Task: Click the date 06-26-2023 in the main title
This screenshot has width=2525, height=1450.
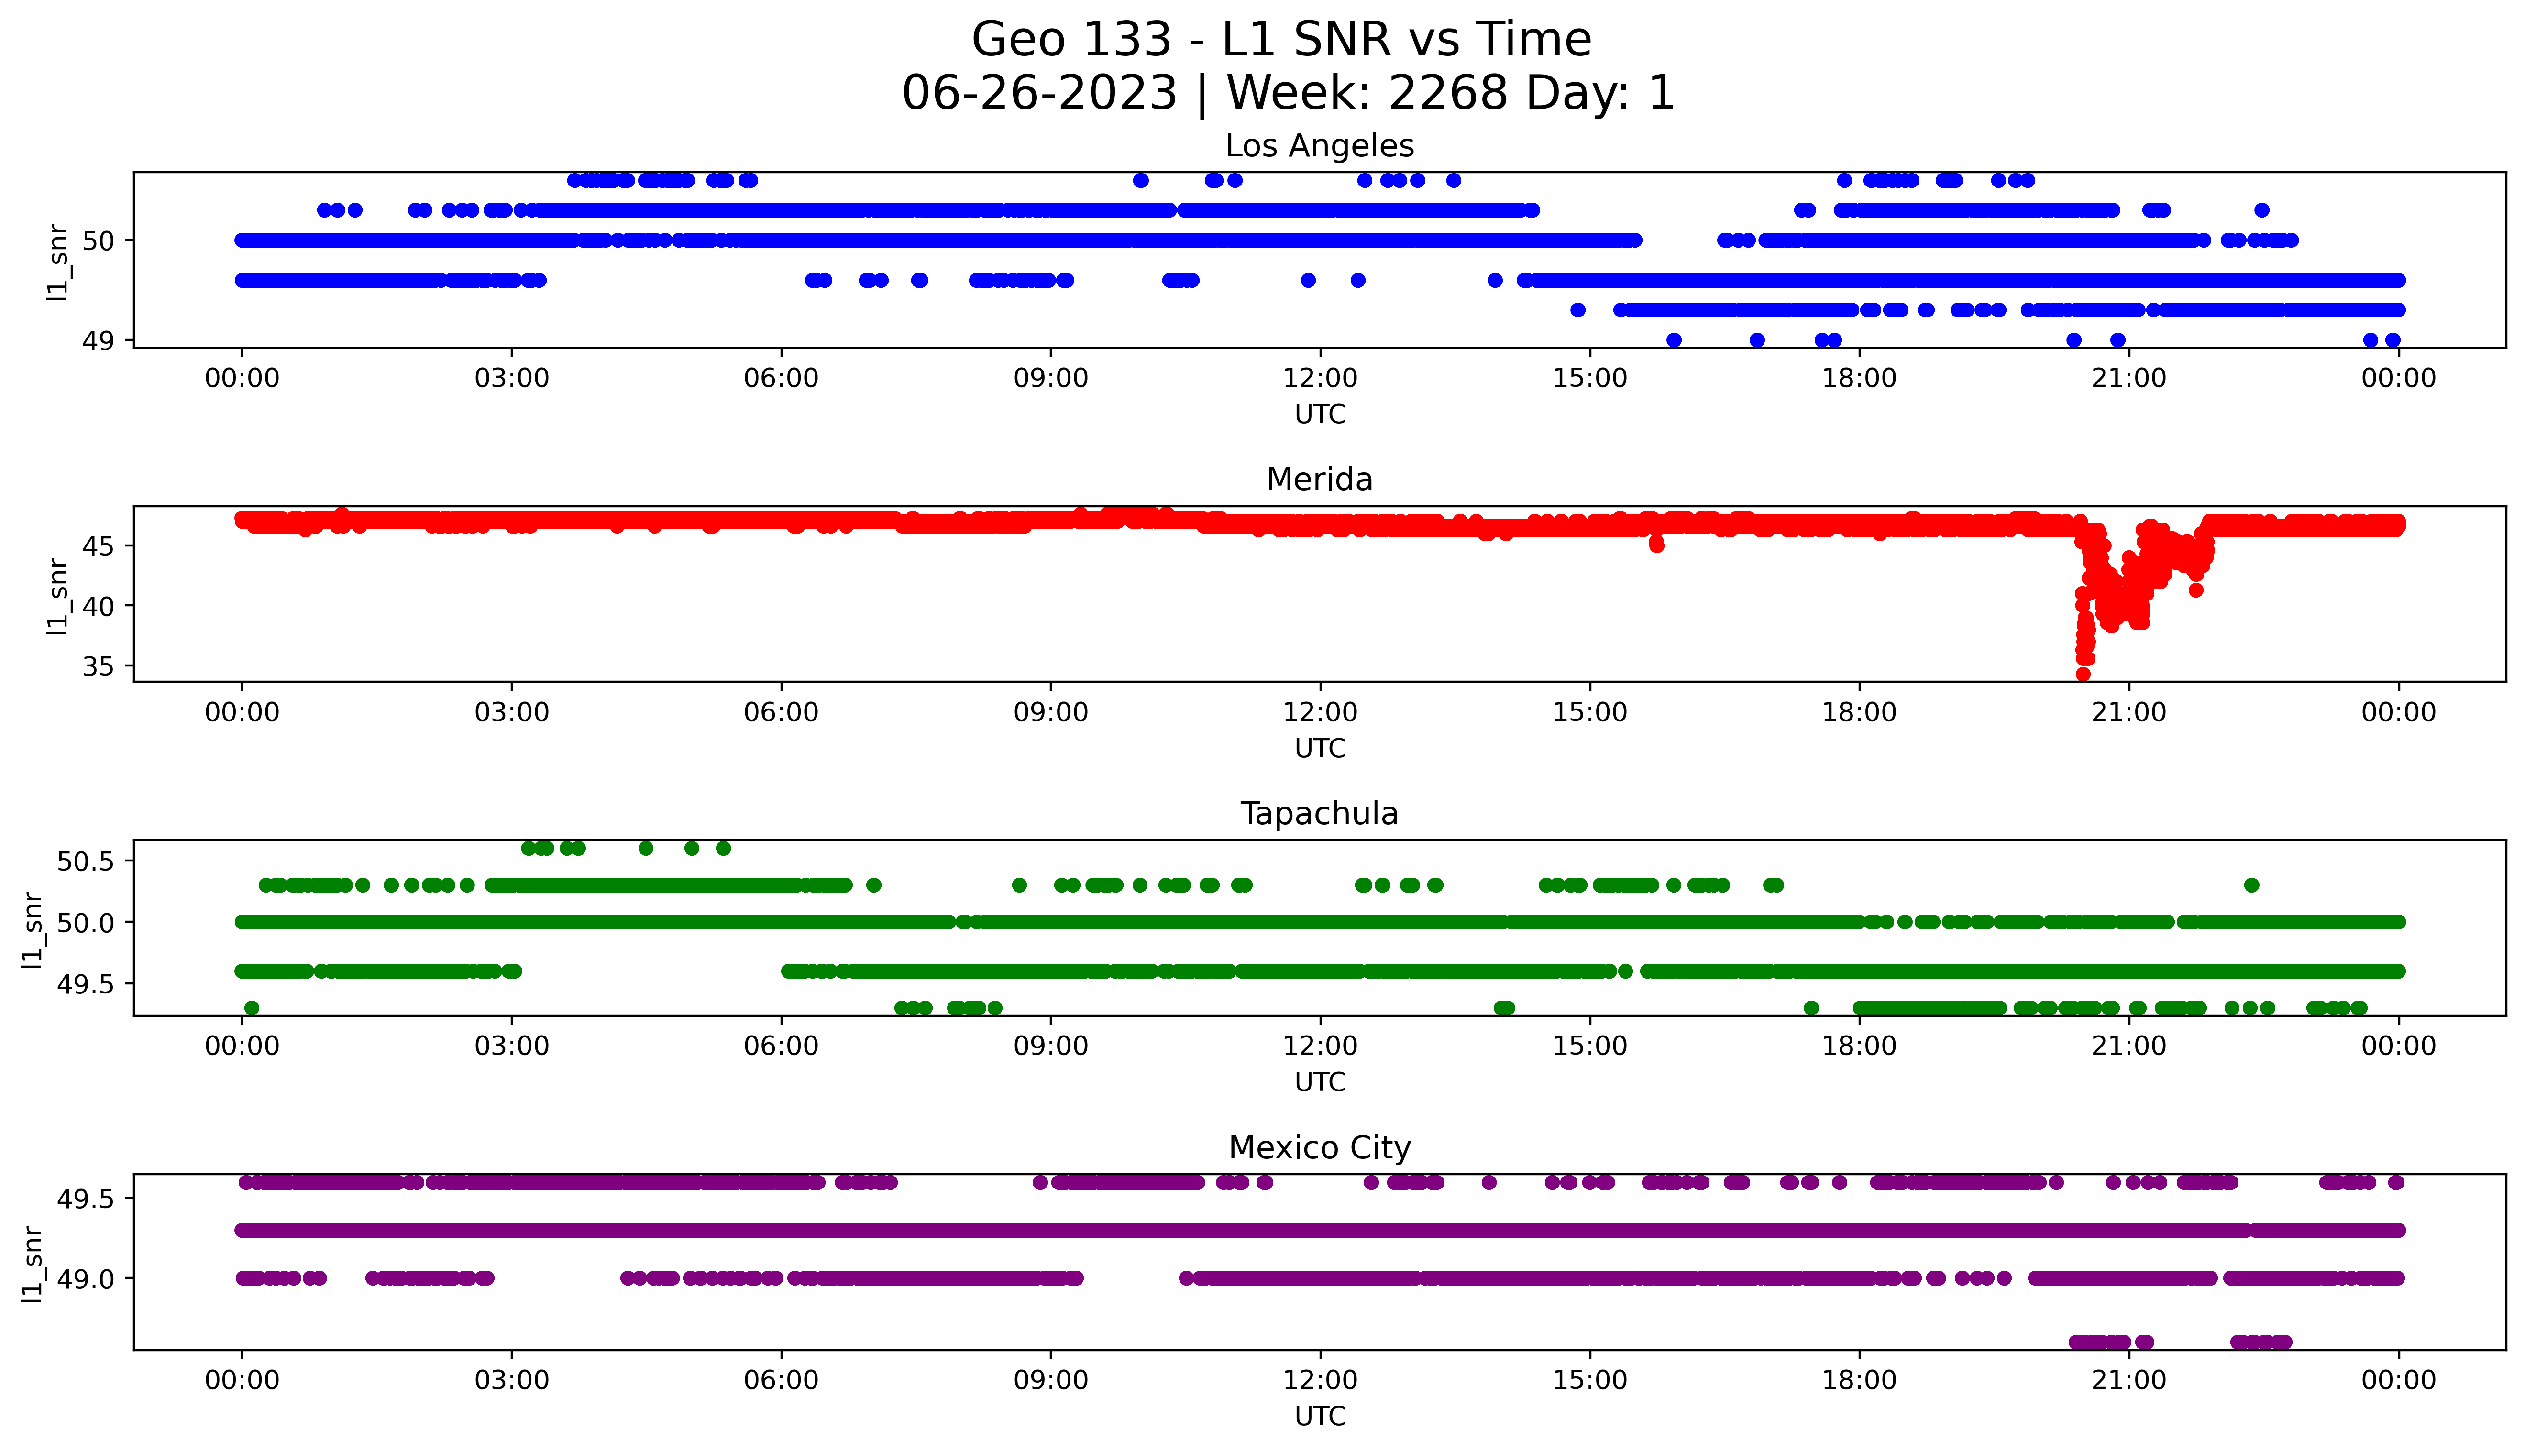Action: (1039, 94)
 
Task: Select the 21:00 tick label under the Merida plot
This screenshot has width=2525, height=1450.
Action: (2128, 713)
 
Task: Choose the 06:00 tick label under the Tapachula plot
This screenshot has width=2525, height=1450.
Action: (781, 1047)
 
